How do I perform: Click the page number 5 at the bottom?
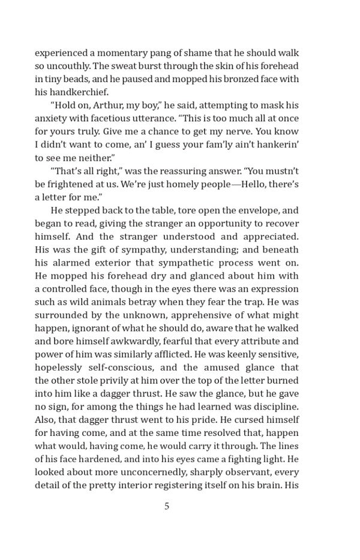167,506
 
